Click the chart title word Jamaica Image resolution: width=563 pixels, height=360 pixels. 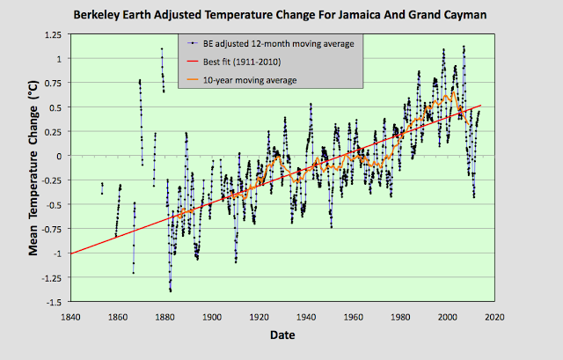click(x=362, y=15)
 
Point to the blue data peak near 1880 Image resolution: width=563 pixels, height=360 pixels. click(x=162, y=49)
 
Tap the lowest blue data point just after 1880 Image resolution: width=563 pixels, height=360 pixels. click(x=171, y=290)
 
